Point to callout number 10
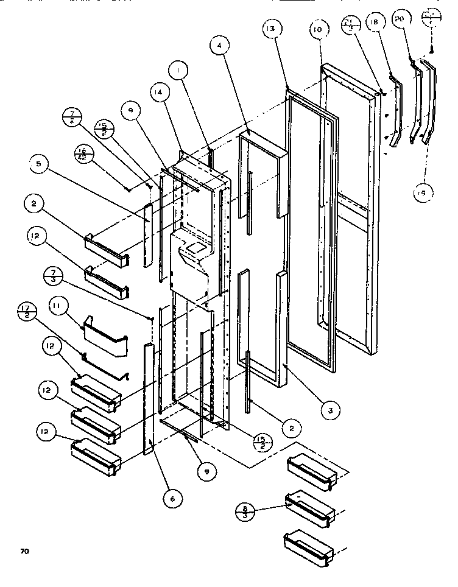(318, 30)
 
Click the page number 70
(24, 552)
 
